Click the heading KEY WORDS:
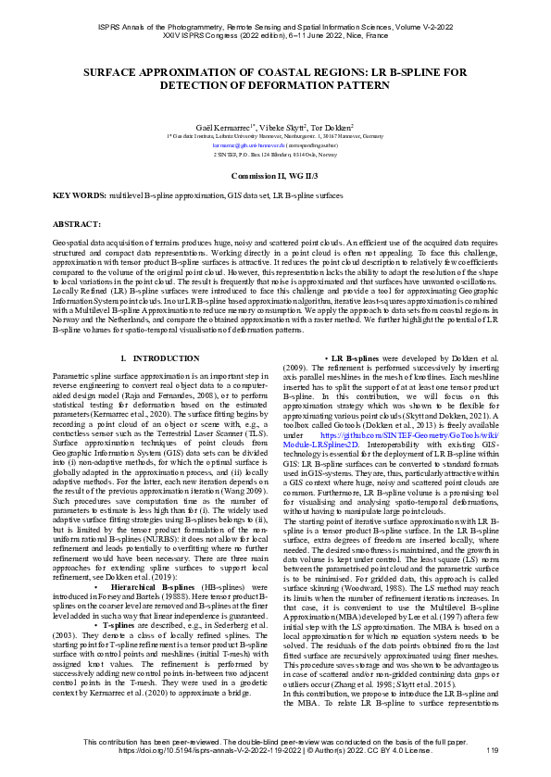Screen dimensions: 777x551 pyautogui.click(x=80, y=197)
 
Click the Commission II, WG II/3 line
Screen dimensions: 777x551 pyautogui.click(x=275, y=175)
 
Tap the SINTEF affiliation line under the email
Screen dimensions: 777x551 pyautogui.click(x=274, y=155)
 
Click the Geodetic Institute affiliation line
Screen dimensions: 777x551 pyautogui.click(x=274, y=135)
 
